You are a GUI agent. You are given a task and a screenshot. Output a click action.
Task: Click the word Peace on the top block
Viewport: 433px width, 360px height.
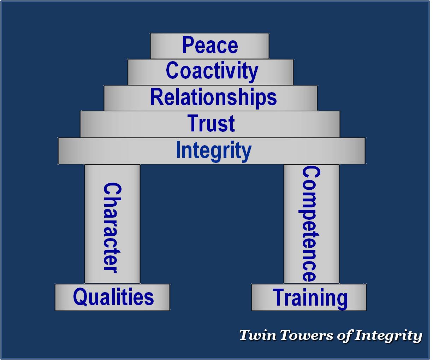[210, 45]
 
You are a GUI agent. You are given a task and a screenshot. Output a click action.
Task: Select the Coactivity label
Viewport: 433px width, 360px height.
[212, 71]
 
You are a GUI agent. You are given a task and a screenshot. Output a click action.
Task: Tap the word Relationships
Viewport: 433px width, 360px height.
[213, 97]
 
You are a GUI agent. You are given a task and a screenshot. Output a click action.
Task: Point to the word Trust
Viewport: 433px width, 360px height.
[211, 123]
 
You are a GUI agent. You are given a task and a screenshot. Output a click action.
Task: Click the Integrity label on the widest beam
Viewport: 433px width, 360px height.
[213, 151]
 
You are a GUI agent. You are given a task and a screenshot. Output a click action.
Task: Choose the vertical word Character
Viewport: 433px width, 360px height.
[112, 228]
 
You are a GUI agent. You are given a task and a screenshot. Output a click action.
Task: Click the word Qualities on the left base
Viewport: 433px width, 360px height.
[113, 297]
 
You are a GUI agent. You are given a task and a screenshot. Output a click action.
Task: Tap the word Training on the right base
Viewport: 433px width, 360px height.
[310, 297]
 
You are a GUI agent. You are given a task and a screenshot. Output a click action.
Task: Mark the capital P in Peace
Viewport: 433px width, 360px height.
[188, 45]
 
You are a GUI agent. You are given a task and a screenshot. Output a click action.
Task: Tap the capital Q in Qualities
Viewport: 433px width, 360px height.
[79, 297]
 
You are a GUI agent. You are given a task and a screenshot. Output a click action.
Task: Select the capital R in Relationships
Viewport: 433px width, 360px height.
[156, 97]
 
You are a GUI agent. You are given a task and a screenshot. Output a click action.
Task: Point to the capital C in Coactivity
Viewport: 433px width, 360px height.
[172, 71]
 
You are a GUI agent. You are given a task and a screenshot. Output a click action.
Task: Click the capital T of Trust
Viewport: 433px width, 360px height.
[194, 123]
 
